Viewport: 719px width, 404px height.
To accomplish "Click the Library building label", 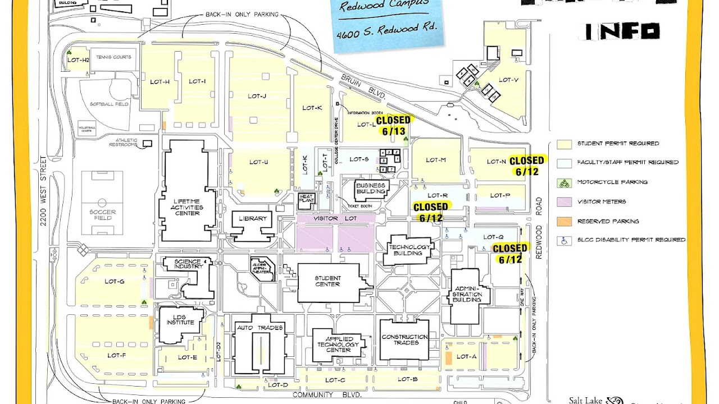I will (252, 219).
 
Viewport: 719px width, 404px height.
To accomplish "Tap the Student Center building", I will (328, 281).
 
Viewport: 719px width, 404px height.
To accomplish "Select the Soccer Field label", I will (102, 215).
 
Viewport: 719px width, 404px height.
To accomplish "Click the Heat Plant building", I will (307, 199).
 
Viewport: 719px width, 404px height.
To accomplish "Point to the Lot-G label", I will (114, 282).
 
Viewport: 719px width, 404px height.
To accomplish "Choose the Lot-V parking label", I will (508, 80).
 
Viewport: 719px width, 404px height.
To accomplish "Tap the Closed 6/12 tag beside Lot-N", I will (527, 166).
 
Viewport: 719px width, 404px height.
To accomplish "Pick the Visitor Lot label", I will (335, 218).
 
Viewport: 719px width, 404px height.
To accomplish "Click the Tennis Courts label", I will (113, 57).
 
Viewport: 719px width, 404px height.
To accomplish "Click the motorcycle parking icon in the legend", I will (565, 182).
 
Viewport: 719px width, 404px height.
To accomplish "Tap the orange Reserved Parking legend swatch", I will (565, 221).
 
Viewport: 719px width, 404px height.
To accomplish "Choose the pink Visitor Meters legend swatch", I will (565, 201).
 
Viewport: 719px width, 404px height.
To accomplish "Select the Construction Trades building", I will (404, 339).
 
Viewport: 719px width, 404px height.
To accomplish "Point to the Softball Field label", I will (110, 104).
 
